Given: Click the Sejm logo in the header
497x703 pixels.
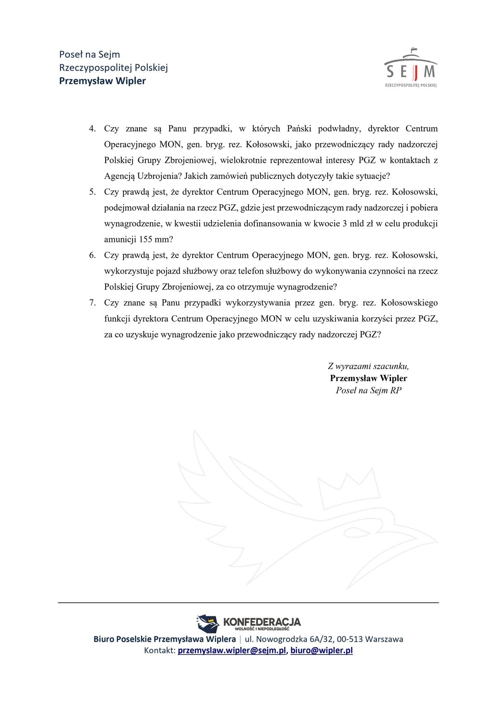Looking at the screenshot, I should tap(410, 68).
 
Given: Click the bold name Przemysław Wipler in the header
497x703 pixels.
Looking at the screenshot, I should tap(102, 81).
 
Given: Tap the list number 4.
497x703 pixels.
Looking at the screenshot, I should tap(92, 129).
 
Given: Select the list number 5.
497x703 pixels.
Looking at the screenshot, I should tap(92, 192).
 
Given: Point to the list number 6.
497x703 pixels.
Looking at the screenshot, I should tap(92, 256).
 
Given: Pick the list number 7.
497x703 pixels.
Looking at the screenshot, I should tap(92, 303).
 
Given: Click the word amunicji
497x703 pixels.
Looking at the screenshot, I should tap(120, 239).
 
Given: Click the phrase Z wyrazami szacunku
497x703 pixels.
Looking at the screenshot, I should tap(368, 366).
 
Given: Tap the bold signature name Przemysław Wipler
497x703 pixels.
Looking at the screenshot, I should tap(368, 378).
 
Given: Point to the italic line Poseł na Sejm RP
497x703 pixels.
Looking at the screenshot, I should tap(368, 390).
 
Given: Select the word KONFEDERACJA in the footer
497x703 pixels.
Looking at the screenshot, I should tap(262, 622).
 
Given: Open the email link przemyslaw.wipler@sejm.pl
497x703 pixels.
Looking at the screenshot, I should tap(232, 650).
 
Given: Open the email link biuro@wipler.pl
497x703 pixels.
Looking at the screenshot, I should tap(321, 650).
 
